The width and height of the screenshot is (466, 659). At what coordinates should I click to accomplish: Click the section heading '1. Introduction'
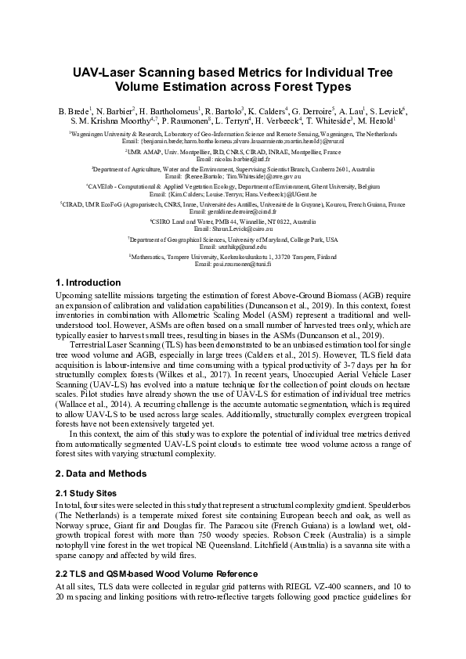tap(89, 282)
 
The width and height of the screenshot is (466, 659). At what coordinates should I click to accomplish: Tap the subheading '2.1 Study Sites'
tap(86, 493)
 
